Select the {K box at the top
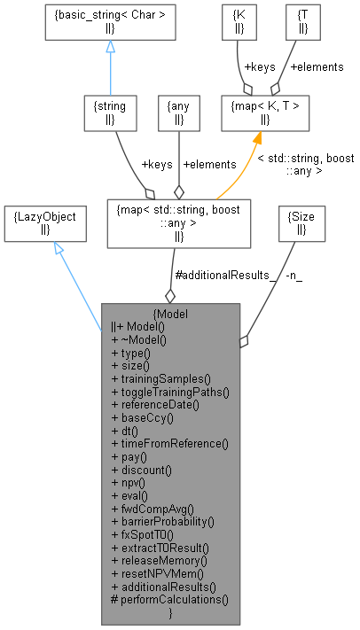239,21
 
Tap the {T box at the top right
290,21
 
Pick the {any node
179,113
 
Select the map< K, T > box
266,113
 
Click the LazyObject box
45,222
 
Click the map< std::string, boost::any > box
178,222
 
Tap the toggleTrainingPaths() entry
170,391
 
